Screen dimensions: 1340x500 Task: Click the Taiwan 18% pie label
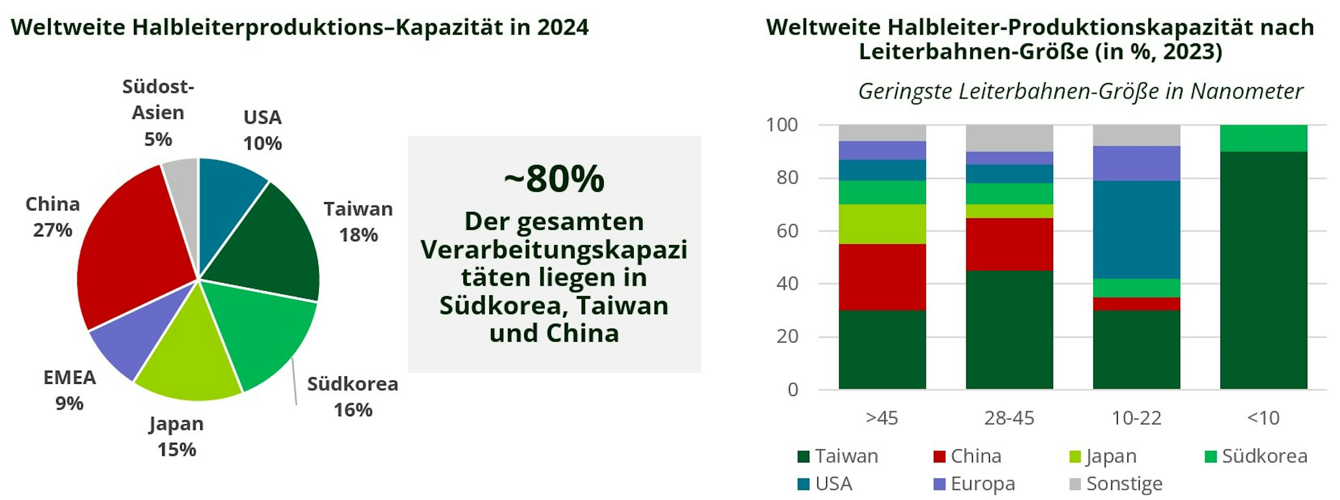pos(358,222)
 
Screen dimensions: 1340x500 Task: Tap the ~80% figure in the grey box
pos(554,178)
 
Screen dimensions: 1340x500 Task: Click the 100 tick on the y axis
pos(782,125)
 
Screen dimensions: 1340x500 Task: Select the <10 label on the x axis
pos(1264,418)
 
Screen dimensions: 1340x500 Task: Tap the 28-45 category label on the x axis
pos(1009,418)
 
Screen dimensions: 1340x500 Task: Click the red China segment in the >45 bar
pos(882,277)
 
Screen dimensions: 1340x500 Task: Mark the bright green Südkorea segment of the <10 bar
pos(1264,138)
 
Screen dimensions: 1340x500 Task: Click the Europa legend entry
pos(974,484)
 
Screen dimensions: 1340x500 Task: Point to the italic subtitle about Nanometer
pos(1080,91)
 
